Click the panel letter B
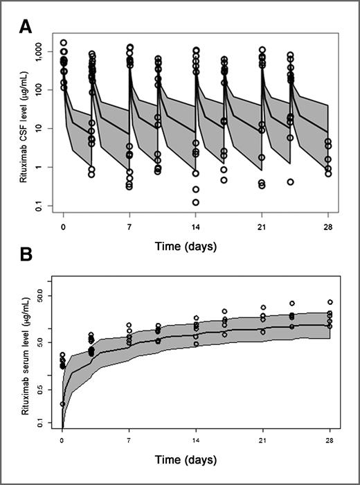click(25, 254)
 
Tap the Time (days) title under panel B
click(197, 459)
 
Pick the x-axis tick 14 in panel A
click(197, 225)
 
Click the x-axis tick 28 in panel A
click(330, 225)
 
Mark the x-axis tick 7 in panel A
click(129, 225)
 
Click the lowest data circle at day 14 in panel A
click(196, 202)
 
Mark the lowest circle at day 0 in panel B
click(63, 403)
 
